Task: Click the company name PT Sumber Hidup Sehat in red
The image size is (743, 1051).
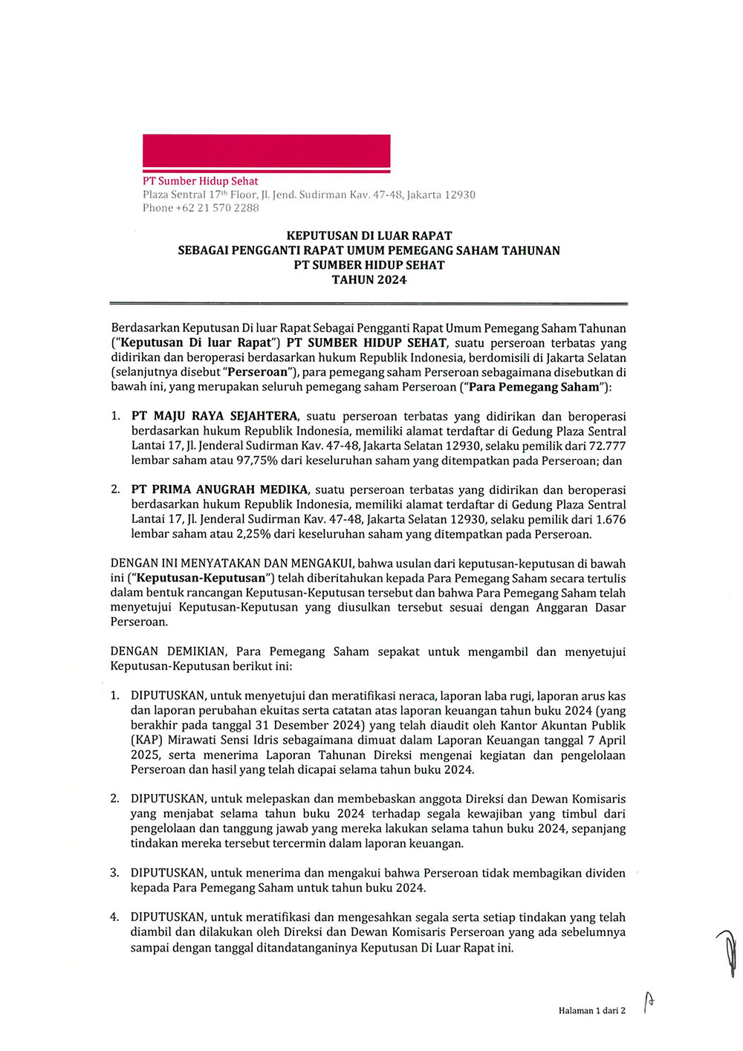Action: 201,180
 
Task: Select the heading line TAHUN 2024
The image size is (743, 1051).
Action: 369,279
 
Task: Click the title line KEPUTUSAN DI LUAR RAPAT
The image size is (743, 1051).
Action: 369,235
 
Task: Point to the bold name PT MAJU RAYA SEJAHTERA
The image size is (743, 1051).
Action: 215,416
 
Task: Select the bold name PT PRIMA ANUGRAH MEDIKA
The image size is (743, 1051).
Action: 219,489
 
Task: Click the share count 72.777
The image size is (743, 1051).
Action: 607,446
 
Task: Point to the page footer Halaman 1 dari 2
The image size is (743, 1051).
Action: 591,1010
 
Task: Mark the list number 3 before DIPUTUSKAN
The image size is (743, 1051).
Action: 114,873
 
